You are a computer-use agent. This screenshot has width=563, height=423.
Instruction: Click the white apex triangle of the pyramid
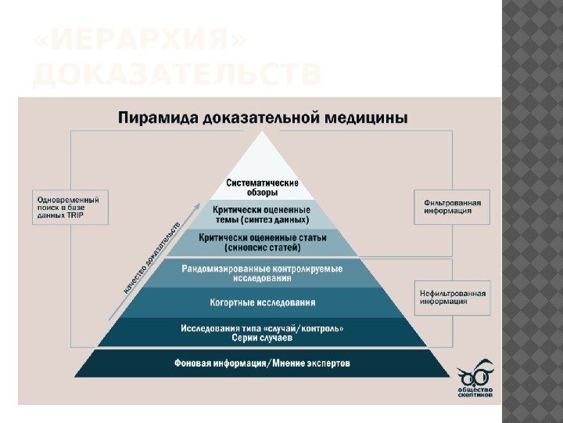pos(262,157)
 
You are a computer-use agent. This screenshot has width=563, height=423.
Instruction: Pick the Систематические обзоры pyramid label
pos(262,186)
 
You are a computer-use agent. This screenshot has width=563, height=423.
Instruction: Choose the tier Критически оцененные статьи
pos(262,243)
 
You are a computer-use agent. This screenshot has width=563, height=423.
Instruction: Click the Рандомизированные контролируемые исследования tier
pos(262,273)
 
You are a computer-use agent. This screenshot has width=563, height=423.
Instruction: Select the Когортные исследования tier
pos(262,302)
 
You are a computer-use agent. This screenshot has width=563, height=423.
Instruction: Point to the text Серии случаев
pos(262,338)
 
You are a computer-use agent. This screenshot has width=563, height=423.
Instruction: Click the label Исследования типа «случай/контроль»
pos(262,327)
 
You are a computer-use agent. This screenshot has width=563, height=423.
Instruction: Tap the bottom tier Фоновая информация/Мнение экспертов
pos(262,363)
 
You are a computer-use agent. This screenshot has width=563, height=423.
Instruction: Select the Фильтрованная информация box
pos(452,207)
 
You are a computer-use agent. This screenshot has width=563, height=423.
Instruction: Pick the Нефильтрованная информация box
pos(452,298)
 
